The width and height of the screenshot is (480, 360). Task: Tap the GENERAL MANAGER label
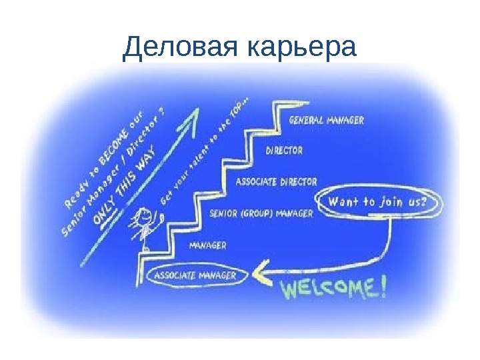tap(326, 121)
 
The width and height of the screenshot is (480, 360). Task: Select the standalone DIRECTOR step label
tap(284, 151)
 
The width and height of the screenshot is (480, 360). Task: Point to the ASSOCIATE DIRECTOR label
tap(277, 181)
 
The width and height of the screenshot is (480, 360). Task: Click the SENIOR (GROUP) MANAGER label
tap(261, 214)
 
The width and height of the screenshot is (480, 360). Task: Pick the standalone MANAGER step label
tap(208, 245)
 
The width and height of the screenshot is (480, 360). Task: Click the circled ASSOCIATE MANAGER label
tap(195, 275)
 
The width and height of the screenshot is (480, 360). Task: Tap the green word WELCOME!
tap(333, 289)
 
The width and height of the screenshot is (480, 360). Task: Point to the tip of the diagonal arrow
tap(197, 112)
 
